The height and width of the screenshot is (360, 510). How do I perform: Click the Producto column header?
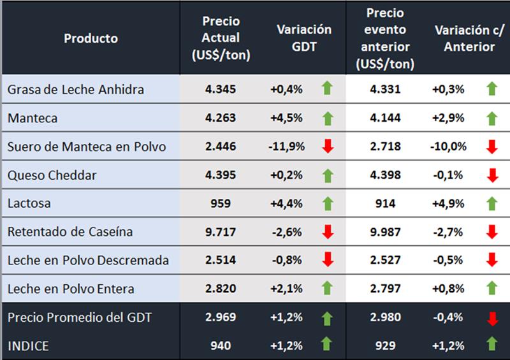coord(91,38)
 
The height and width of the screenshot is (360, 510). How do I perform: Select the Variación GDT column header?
coord(304,38)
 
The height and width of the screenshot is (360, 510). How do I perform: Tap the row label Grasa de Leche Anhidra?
coord(76,89)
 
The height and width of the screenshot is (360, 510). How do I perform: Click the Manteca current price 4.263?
coord(221,118)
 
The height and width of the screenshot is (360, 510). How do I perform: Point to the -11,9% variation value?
coord(286,147)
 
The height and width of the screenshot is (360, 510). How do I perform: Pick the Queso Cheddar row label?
coord(52,175)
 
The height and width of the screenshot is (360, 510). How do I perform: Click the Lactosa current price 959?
coord(221,203)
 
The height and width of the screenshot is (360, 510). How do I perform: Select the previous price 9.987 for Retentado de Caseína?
coord(385,232)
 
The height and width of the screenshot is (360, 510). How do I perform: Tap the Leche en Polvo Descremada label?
coord(88,260)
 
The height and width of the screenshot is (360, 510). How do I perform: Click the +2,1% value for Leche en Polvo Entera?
coord(286,289)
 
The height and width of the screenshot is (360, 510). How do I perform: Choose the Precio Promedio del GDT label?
coord(80,317)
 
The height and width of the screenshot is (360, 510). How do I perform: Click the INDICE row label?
coord(28,345)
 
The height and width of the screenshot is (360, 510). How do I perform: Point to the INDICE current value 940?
coord(221,345)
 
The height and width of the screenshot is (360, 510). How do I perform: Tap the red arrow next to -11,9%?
coord(328,147)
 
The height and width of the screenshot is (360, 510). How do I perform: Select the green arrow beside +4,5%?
coord(328,118)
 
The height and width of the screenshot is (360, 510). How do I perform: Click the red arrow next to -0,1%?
coord(492,175)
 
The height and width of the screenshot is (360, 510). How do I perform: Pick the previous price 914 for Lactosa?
coord(385,203)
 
